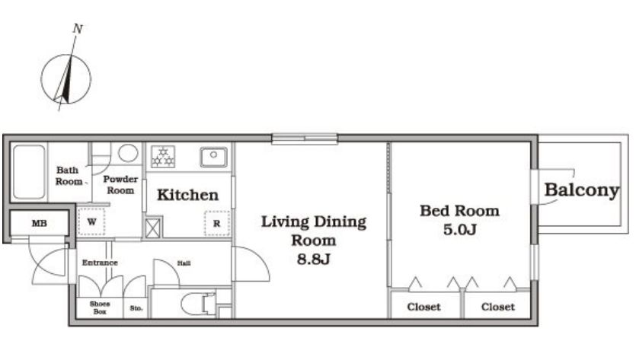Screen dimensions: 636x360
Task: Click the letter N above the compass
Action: coord(78,29)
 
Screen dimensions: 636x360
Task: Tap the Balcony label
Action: coord(582,190)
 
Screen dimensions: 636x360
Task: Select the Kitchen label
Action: coord(188,195)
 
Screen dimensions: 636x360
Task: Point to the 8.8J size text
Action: coord(314,259)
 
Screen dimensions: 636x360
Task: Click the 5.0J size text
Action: coord(459,230)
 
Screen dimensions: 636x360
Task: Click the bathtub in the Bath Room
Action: coord(29,172)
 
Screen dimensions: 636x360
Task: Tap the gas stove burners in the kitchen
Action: coord(163,157)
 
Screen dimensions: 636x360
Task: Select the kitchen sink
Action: coord(214,158)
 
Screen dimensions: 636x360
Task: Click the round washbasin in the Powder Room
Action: coord(128,153)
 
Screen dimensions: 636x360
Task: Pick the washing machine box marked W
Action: coord(91,221)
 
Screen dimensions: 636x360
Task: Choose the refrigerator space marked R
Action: coord(217,223)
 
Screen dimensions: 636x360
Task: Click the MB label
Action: coord(40,223)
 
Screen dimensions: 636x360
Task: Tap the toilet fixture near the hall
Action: coord(198,303)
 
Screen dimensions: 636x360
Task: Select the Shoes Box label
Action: coord(99,307)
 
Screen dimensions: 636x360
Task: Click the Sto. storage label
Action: coord(136,308)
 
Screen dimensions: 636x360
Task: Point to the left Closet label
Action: coord(423,307)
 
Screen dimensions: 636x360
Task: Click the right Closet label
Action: coord(498,307)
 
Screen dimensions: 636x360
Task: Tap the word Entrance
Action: coord(100,263)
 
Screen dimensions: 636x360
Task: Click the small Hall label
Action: coord(184,263)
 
